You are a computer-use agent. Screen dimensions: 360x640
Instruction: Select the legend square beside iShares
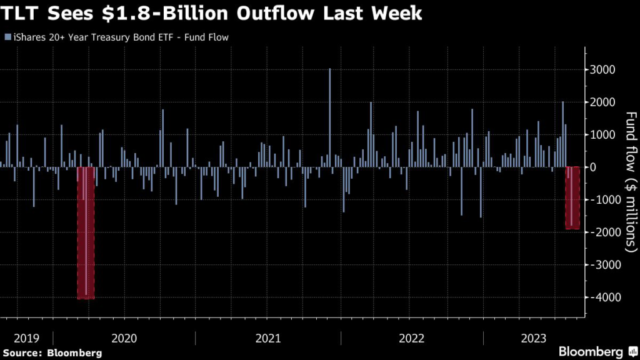point(7,37)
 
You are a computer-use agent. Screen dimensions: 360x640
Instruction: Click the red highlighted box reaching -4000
point(86,232)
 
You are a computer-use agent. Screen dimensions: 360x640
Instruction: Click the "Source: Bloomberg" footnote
point(52,352)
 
